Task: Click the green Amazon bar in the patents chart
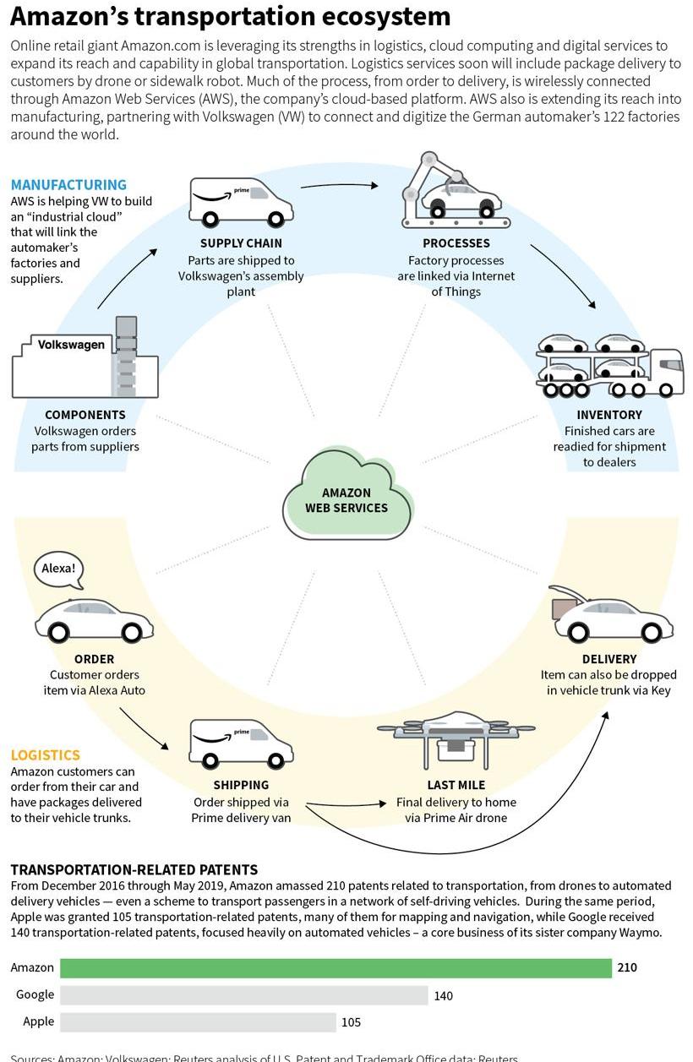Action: pyautogui.click(x=336, y=967)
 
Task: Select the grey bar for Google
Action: pyautogui.click(x=243, y=995)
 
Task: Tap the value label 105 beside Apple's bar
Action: pyautogui.click(x=351, y=1022)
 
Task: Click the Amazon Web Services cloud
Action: pyautogui.click(x=346, y=498)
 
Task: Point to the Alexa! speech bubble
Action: pyautogui.click(x=59, y=569)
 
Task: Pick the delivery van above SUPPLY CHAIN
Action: pyautogui.click(x=241, y=201)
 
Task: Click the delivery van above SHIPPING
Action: pyautogui.click(x=241, y=742)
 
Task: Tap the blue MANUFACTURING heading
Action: pyautogui.click(x=68, y=184)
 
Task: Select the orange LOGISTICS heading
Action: pyautogui.click(x=45, y=755)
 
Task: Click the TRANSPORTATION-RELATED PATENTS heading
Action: pyautogui.click(x=134, y=869)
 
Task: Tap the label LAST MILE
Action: pyautogui.click(x=456, y=785)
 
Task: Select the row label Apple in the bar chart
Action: pyautogui.click(x=38, y=1021)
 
